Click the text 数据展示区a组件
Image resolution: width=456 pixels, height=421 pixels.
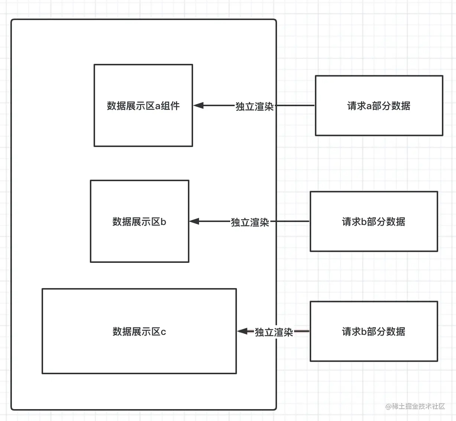point(143,106)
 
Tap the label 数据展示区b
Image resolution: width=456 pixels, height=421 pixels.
point(139,222)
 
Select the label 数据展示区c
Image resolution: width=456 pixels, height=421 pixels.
point(139,332)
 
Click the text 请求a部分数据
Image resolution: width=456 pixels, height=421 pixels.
point(379,106)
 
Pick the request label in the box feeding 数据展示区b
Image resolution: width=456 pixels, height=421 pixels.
point(374,222)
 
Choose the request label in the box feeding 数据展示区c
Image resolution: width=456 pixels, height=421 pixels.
point(374,332)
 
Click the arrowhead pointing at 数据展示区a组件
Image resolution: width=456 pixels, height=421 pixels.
point(198,105)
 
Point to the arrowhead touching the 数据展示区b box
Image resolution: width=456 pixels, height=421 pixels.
point(194,221)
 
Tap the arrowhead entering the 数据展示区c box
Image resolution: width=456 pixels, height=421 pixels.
point(242,331)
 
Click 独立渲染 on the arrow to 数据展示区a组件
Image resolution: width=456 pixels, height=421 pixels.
point(255,107)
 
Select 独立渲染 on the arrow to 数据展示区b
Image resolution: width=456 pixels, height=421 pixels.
point(250,222)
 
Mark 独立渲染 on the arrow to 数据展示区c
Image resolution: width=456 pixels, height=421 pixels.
point(274,332)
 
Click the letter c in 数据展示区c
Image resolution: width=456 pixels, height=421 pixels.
point(163,332)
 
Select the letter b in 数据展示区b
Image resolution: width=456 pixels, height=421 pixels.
point(163,222)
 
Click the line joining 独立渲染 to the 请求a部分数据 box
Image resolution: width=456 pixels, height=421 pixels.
point(294,105)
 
